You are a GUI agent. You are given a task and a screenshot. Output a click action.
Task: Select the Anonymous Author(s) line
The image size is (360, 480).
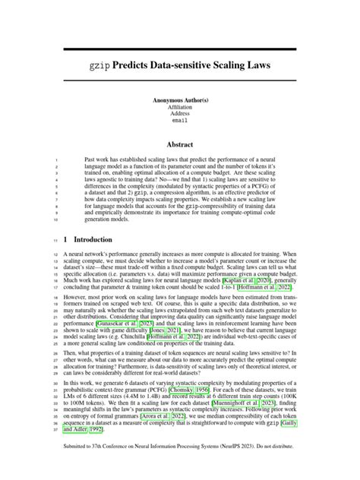click(x=180, y=100)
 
